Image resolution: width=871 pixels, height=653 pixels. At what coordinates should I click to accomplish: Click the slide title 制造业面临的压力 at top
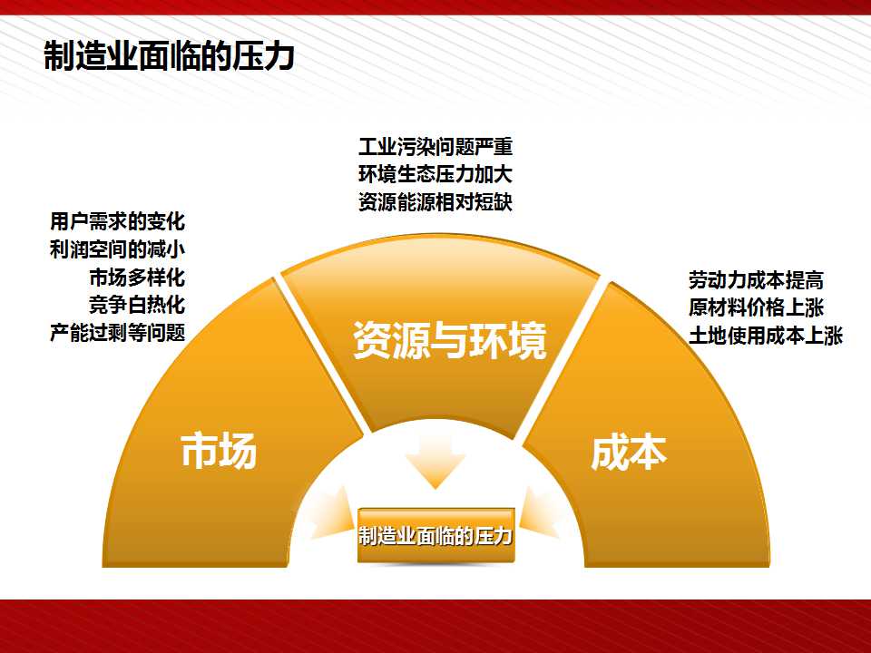[x=169, y=56]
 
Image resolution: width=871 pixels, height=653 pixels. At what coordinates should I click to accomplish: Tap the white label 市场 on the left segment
[x=219, y=451]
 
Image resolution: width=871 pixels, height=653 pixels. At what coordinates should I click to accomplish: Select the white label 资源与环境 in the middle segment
[x=450, y=340]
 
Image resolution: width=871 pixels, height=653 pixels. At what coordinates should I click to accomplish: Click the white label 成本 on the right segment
[x=628, y=453]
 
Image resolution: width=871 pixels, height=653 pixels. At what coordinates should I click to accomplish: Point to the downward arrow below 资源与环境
[x=435, y=461]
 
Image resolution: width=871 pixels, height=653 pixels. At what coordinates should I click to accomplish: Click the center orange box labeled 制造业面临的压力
[x=435, y=535]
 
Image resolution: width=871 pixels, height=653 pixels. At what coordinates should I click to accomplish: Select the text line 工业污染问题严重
[x=435, y=147]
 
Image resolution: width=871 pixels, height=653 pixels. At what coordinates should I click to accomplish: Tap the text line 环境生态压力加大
[x=435, y=174]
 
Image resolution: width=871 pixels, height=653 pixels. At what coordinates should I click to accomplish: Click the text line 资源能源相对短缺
[x=435, y=202]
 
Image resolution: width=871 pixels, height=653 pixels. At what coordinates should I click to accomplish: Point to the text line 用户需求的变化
[x=117, y=221]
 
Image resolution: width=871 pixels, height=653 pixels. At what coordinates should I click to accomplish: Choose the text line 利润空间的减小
[x=117, y=249]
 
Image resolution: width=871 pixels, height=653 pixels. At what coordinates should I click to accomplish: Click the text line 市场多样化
[x=137, y=278]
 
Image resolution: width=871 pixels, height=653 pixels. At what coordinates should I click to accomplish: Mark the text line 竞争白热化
[x=137, y=305]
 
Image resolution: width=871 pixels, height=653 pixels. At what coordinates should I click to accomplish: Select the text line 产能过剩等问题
[x=117, y=333]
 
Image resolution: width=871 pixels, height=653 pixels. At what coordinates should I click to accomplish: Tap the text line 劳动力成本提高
[x=756, y=280]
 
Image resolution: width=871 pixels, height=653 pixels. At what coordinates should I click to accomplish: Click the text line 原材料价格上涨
[x=756, y=307]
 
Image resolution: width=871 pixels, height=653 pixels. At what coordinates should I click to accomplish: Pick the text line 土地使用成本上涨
[x=766, y=336]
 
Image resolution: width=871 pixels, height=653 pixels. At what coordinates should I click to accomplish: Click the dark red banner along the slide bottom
[x=435, y=627]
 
